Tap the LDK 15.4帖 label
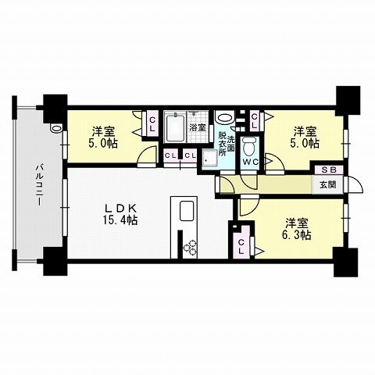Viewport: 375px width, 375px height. (x=122, y=214)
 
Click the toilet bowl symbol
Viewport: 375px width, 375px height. (x=249, y=146)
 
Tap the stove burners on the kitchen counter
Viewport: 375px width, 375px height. (x=191, y=248)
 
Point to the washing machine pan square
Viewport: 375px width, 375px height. (x=208, y=158)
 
